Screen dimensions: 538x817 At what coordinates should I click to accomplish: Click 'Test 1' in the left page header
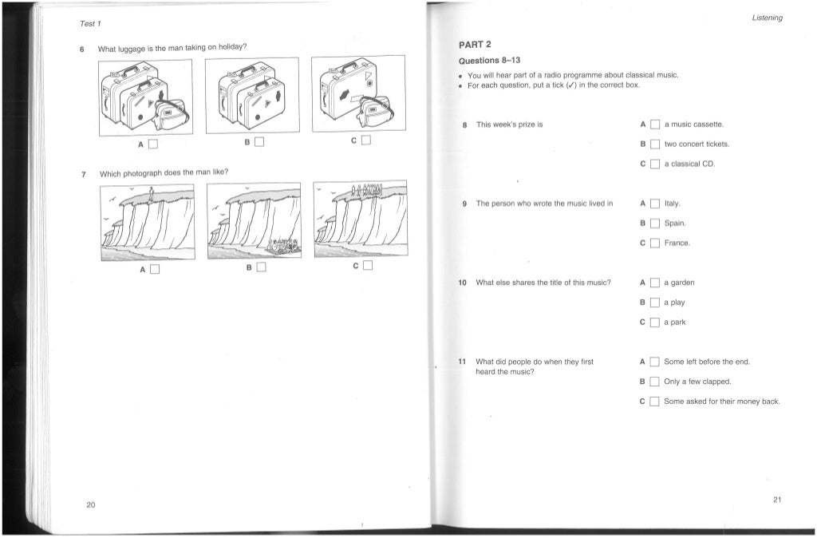[x=89, y=22]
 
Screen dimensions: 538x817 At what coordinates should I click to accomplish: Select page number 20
[x=90, y=504]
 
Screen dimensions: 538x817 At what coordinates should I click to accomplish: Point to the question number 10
[x=461, y=283]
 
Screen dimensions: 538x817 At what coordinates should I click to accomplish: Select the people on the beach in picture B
[x=281, y=248]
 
